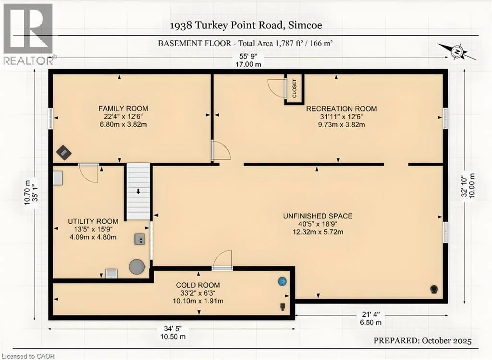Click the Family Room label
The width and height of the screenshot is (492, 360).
(123, 108)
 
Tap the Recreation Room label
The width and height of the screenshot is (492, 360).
(342, 109)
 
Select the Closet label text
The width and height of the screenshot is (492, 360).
(295, 88)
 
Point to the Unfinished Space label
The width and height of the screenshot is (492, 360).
(318, 216)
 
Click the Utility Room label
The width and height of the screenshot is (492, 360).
(93, 221)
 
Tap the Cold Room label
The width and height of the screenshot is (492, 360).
(197, 285)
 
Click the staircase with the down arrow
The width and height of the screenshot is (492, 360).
(138, 192)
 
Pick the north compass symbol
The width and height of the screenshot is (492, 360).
(457, 52)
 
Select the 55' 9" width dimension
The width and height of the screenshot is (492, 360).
(248, 57)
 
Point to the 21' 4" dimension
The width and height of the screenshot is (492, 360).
(370, 314)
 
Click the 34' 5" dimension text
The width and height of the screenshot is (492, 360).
(172, 329)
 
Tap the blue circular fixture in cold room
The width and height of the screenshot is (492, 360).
(283, 281)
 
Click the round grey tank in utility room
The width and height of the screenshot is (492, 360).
(137, 267)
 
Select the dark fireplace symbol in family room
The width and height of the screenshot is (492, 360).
(64, 153)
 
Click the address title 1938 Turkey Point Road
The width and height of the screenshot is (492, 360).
(246, 25)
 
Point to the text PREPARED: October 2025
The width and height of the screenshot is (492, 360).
(422, 340)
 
